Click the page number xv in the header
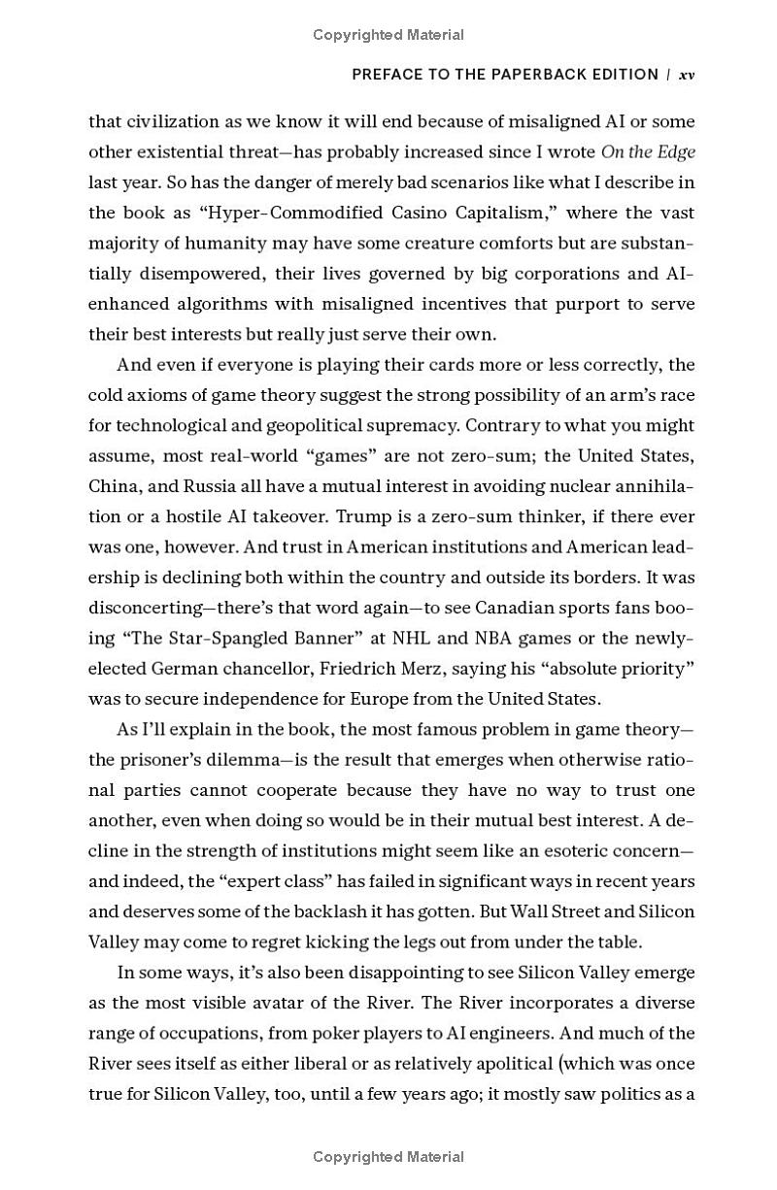click(x=687, y=75)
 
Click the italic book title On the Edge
click(x=648, y=151)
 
